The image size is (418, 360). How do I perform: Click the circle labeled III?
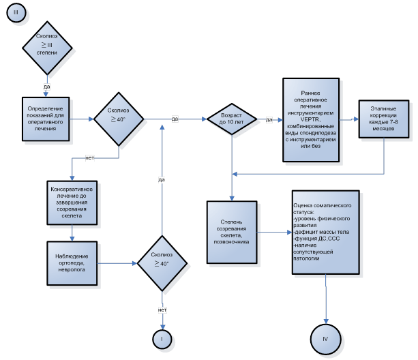click(15, 14)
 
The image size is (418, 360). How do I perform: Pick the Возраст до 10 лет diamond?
click(232, 119)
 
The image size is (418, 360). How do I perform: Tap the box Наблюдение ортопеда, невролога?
click(75, 262)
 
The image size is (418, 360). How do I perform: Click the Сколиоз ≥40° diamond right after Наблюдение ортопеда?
click(162, 262)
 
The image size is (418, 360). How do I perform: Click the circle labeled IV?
click(325, 339)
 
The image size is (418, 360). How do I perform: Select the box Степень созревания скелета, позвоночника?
click(233, 232)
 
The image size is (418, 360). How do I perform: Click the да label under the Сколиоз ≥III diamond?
click(47, 87)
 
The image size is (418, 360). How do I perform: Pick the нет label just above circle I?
click(162, 310)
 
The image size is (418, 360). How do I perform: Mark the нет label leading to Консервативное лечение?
click(89, 158)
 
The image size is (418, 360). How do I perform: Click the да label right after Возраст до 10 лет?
click(269, 119)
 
